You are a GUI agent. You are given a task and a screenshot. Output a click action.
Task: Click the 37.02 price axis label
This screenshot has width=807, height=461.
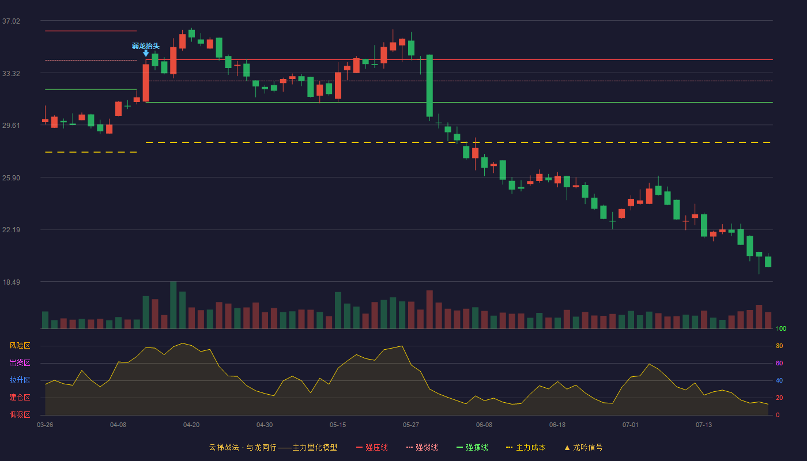point(11,21)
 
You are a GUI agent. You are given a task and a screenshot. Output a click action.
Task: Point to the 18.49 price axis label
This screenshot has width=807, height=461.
point(11,282)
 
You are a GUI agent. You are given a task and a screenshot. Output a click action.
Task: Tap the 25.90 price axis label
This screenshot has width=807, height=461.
point(11,178)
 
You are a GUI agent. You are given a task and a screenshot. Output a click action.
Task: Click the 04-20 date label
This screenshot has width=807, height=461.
point(191,425)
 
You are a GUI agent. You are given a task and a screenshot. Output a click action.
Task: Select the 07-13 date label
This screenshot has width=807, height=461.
point(704,425)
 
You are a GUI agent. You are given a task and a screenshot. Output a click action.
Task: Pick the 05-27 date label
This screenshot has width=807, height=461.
point(410,425)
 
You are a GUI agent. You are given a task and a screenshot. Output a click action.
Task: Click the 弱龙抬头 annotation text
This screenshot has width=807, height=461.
point(145,46)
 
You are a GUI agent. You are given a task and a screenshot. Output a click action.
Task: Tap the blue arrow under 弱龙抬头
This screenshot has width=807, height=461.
point(146,53)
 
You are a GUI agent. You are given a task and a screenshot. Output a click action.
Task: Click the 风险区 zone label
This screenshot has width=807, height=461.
point(20,346)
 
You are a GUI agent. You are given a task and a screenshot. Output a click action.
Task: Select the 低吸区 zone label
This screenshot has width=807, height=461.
point(20,415)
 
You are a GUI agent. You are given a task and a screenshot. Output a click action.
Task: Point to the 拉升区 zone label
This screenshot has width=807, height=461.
point(20,380)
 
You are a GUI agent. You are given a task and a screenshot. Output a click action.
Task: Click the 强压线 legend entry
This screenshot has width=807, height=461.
point(372,447)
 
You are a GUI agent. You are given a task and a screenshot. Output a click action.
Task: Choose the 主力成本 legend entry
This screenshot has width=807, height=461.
point(526,447)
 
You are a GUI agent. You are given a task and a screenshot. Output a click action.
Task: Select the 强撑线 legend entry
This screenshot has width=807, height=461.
point(472,447)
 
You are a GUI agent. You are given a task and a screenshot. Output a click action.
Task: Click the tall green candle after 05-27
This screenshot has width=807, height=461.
point(429,86)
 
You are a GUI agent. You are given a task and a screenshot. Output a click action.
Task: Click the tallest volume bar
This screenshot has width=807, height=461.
point(174,305)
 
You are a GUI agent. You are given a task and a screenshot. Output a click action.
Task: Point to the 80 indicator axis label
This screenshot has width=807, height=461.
point(779,346)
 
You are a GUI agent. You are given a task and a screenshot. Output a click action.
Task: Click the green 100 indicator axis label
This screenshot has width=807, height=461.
point(781,328)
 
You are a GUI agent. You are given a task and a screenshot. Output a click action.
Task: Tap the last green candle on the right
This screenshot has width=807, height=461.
point(768,262)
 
